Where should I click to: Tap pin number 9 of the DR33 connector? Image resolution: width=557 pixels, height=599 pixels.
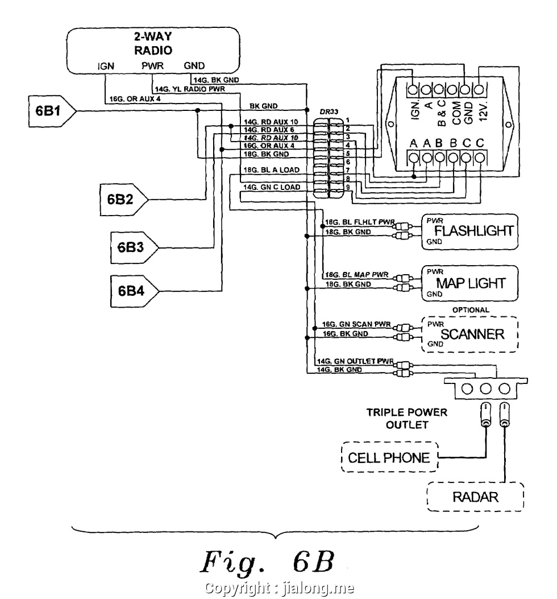[347, 186]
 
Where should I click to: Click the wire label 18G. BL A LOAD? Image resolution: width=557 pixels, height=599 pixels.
[271, 170]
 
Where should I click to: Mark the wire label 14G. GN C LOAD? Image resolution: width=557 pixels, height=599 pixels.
[271, 187]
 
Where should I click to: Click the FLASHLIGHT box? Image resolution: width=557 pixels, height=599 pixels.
[469, 231]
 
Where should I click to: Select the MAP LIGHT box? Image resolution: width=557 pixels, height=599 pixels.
[469, 283]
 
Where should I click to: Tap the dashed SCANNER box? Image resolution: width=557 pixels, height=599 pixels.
[469, 334]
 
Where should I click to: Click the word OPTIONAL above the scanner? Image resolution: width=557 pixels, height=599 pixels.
[471, 309]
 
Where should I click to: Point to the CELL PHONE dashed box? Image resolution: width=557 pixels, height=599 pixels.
[389, 457]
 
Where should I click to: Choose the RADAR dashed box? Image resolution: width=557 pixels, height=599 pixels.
[475, 497]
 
